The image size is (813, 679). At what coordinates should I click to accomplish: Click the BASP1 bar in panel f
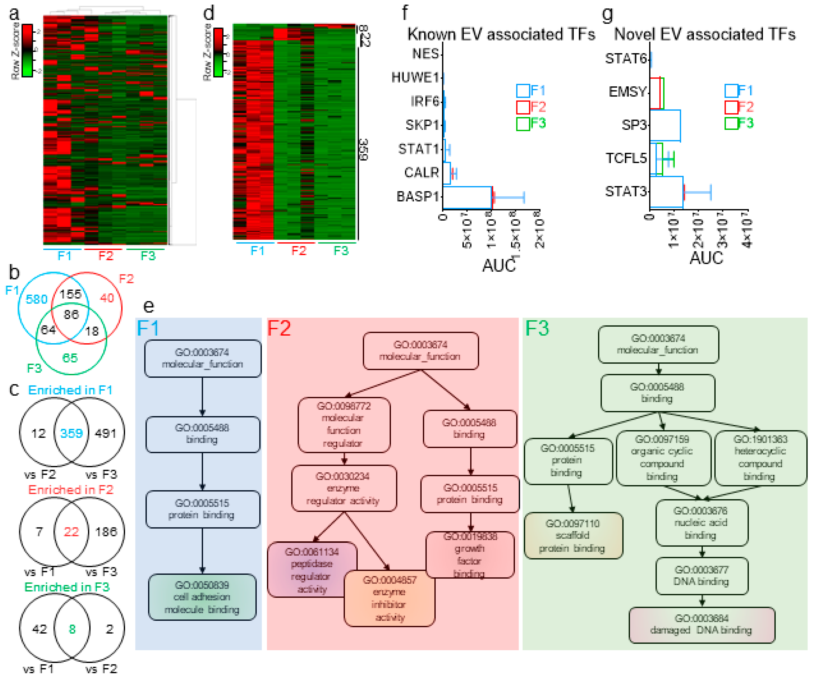[x=467, y=197]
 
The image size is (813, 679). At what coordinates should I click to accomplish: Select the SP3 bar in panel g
[x=665, y=126]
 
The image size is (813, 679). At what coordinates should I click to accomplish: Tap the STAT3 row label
[x=626, y=191]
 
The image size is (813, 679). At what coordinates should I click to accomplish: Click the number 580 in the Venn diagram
[x=36, y=299]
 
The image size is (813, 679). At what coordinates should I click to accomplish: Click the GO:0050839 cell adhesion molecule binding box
[x=202, y=597]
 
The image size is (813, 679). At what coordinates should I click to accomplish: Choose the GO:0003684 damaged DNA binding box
[x=701, y=624]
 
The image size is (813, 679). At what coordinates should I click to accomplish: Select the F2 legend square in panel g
[x=731, y=107]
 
